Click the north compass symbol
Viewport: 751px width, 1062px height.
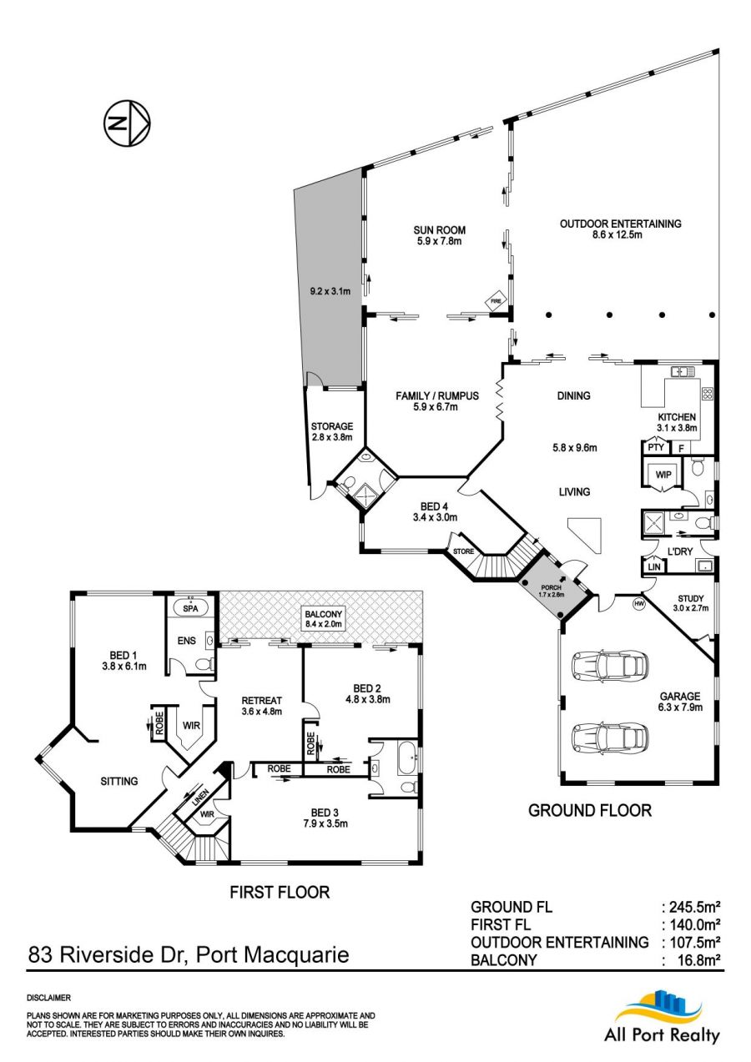tap(127, 123)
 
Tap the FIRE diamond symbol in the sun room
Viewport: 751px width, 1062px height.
tap(496, 300)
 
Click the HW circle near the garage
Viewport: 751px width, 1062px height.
tap(639, 603)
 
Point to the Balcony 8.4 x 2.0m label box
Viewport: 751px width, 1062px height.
tap(323, 619)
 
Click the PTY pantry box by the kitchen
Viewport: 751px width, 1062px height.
tap(656, 447)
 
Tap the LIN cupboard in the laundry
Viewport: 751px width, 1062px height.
tap(654, 566)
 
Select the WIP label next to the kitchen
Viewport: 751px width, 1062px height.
tap(663, 474)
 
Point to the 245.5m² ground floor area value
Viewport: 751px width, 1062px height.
tap(694, 907)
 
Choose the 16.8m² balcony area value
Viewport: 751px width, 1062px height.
tap(698, 960)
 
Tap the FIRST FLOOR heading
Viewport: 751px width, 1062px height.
tap(280, 893)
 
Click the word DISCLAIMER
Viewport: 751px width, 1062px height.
tap(49, 998)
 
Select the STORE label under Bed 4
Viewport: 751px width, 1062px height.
tap(463, 551)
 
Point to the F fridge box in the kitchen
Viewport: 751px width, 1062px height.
tap(681, 448)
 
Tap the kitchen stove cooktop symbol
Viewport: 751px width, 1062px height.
tap(708, 394)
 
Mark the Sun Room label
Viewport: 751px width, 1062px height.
tap(440, 230)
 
